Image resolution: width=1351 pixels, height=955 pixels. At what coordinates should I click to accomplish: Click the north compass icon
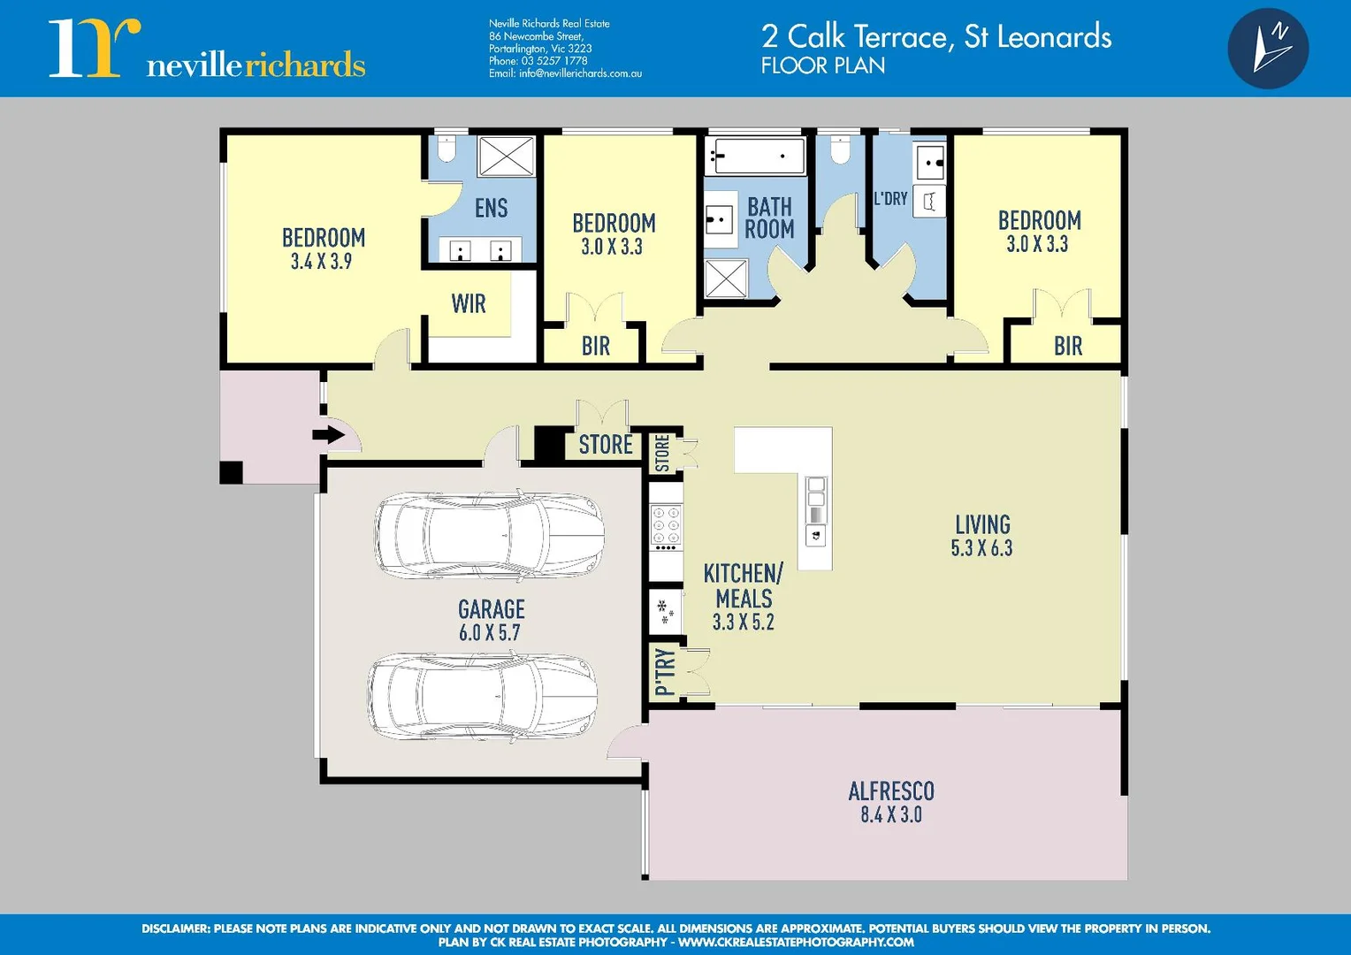[x=1268, y=49]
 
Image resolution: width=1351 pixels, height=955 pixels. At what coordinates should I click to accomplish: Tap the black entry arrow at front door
[x=328, y=434]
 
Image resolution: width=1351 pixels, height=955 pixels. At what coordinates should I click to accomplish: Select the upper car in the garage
[x=489, y=536]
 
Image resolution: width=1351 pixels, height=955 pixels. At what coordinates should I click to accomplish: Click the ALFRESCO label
[x=890, y=791]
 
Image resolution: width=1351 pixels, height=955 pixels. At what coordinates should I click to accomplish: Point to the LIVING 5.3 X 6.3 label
[x=981, y=536]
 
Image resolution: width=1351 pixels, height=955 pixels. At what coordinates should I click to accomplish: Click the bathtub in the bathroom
[x=755, y=157]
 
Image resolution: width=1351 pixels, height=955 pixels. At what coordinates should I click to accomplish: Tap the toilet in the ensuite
[x=447, y=149]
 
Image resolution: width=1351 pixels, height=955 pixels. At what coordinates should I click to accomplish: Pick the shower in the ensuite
[x=507, y=157]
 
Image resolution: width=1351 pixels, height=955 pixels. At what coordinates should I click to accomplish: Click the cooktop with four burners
[x=666, y=527]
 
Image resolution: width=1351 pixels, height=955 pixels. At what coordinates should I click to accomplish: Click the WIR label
[x=469, y=304]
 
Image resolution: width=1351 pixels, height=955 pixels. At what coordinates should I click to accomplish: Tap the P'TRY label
[x=665, y=672]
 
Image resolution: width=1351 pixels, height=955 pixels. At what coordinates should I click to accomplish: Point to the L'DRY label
[x=890, y=199]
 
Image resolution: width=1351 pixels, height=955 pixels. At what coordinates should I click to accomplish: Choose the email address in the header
[x=565, y=74]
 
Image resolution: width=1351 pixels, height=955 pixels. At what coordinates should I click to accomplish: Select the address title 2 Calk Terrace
[x=935, y=37]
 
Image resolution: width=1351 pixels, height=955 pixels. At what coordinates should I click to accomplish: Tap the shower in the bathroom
[x=726, y=279]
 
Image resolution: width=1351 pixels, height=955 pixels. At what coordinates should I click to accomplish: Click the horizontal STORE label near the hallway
[x=606, y=445]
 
